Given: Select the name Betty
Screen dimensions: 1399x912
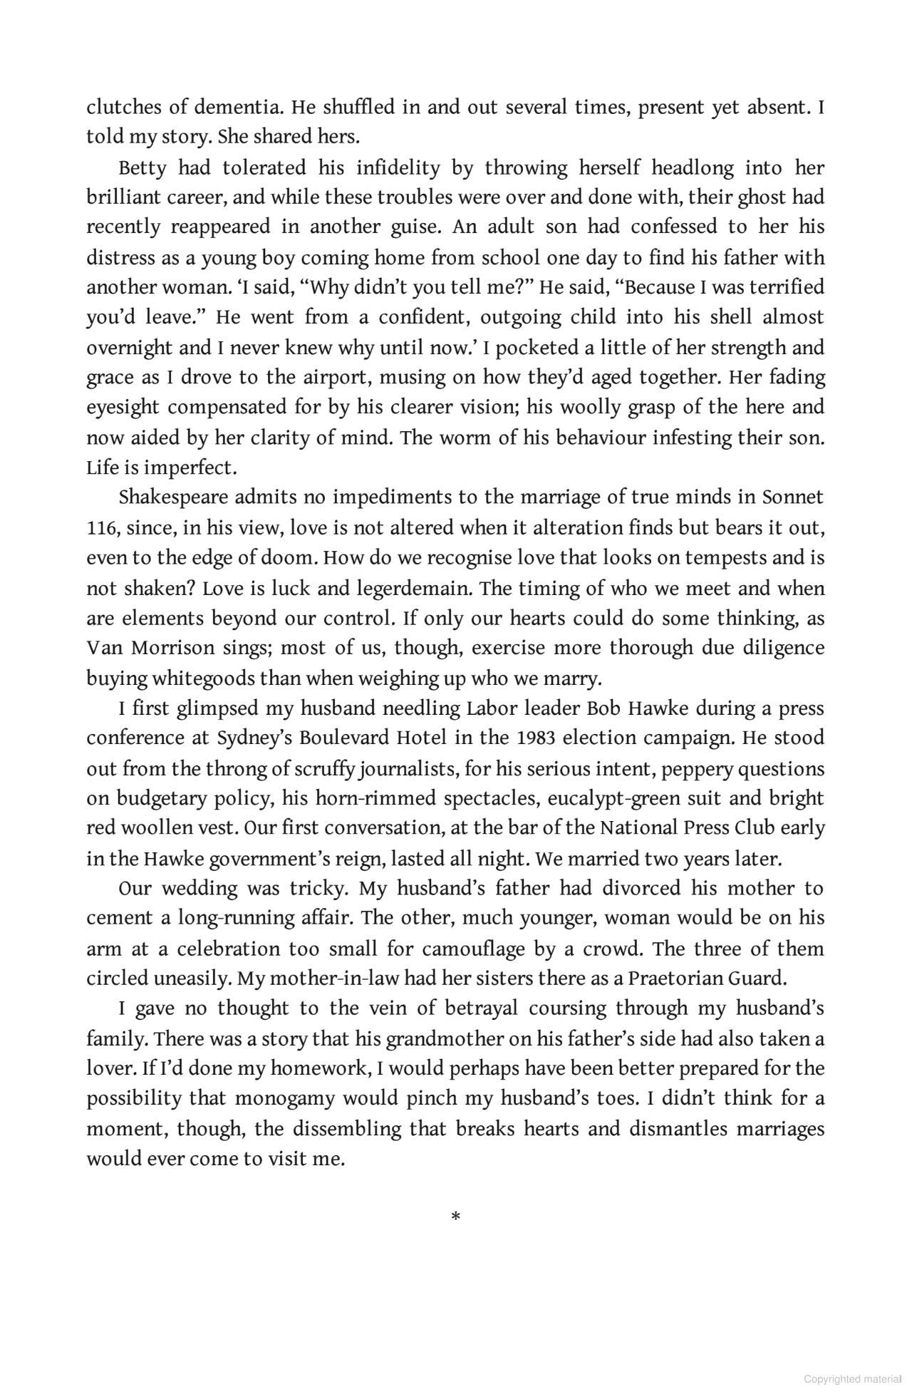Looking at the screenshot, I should coord(142,168).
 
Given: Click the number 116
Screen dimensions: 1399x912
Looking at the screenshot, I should coord(102,528).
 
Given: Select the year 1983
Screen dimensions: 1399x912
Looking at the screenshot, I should coord(536,738).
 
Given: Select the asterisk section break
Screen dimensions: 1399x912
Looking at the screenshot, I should coord(456,1217).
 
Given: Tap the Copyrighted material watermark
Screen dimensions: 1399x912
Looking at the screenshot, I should coord(852,1379).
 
